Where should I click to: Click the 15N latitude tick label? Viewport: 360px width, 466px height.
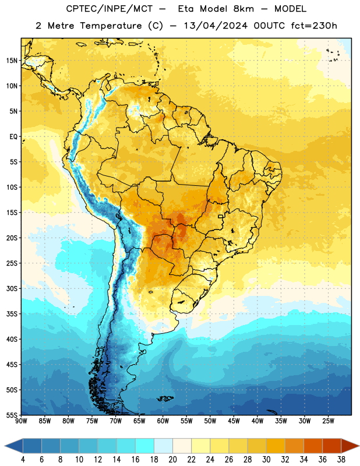click(x=12, y=61)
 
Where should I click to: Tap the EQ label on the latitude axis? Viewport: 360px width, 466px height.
click(x=13, y=137)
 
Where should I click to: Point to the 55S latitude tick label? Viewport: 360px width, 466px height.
click(x=12, y=415)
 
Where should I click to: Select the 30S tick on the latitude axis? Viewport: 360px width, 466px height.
click(x=12, y=288)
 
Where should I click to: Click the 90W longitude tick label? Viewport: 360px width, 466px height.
click(x=21, y=421)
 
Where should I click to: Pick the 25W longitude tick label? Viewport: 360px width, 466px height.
click(x=328, y=421)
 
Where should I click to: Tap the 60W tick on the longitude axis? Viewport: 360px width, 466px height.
click(x=163, y=421)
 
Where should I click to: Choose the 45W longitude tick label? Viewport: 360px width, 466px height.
click(x=234, y=421)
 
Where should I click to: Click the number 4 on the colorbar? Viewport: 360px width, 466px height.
click(x=23, y=460)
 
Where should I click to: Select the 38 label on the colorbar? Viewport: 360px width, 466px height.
click(x=341, y=460)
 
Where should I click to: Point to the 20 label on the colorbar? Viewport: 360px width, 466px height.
click(x=172, y=460)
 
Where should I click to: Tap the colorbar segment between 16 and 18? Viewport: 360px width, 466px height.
click(x=145, y=446)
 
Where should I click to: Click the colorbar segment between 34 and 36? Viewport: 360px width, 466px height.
click(x=313, y=446)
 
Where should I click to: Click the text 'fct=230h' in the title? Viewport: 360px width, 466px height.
click(x=314, y=26)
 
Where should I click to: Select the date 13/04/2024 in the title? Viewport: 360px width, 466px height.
click(x=216, y=26)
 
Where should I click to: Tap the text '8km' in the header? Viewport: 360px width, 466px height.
click(x=243, y=9)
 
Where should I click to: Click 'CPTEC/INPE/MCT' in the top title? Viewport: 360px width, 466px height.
click(x=110, y=9)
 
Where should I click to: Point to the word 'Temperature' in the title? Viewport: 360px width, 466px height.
click(x=111, y=26)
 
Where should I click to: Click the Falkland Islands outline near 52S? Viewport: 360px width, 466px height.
click(x=165, y=398)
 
